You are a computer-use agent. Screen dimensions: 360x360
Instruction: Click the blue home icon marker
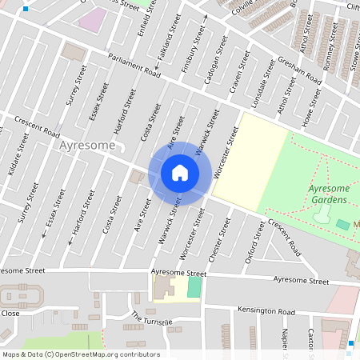180,172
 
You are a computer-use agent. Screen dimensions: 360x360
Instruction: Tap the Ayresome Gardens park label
327,194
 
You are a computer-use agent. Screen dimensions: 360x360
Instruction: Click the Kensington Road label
266,311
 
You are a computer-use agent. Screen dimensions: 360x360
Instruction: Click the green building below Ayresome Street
194,287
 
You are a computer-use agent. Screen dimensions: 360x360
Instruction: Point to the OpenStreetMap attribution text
80,354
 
